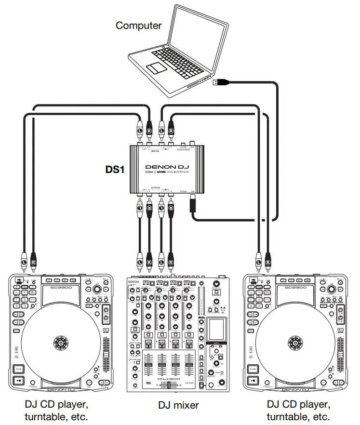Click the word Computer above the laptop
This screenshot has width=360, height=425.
pos(139,26)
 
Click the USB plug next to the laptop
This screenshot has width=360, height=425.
pos(218,82)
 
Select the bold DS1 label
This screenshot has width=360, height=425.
pos(115,170)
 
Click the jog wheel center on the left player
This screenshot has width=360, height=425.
pos(61,344)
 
